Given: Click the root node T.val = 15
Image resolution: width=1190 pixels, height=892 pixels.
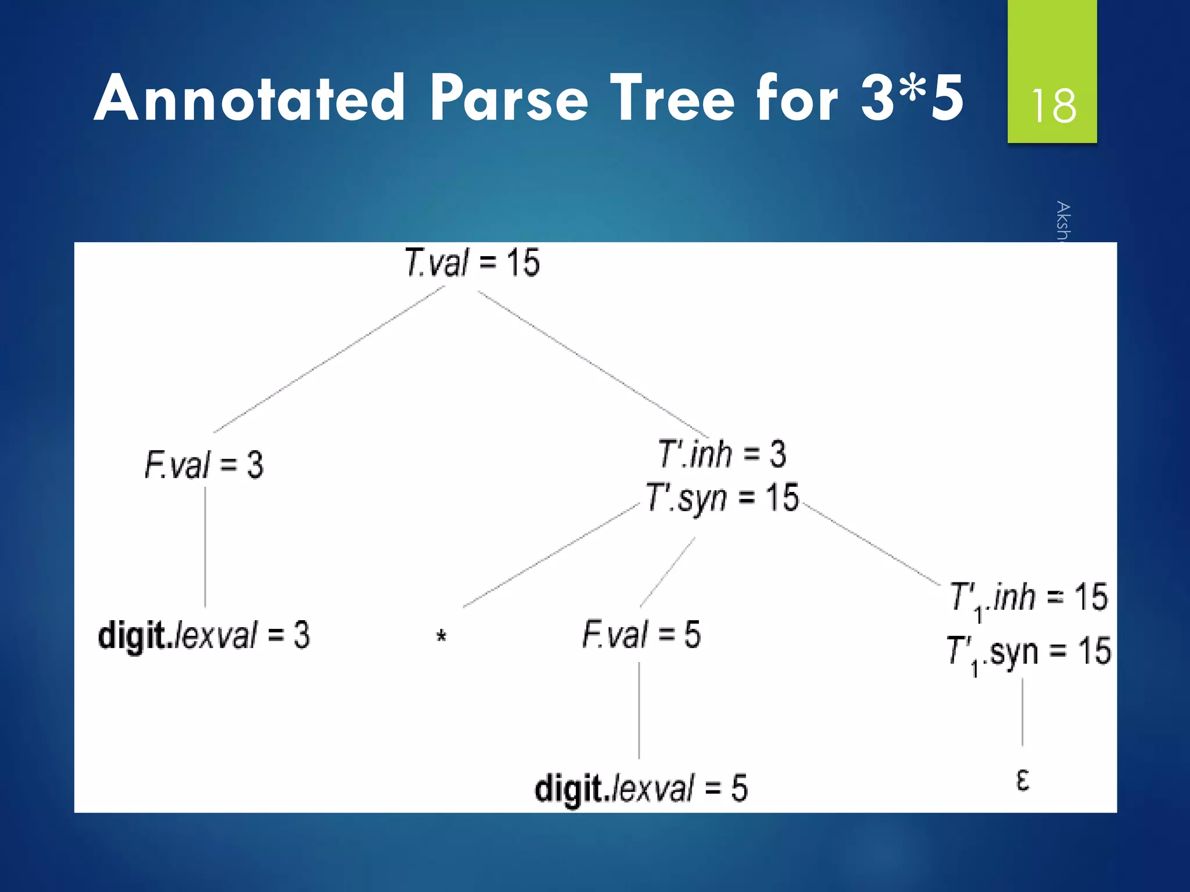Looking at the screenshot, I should pyautogui.click(x=472, y=262).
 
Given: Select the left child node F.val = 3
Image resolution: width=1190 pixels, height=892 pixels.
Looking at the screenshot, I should pyautogui.click(x=203, y=465).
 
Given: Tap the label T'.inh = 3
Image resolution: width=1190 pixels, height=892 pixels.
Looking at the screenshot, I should pyautogui.click(x=722, y=454).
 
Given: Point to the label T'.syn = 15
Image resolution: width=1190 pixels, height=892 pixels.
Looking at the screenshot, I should pyautogui.click(x=722, y=498).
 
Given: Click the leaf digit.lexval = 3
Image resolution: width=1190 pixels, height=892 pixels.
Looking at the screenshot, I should pyautogui.click(x=204, y=635).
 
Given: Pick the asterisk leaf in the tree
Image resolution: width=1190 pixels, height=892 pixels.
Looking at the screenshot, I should pyautogui.click(x=441, y=637).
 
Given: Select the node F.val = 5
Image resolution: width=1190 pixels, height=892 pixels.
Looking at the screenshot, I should pyautogui.click(x=641, y=634).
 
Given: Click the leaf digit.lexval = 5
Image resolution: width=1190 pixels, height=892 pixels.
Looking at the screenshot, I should pyautogui.click(x=641, y=789).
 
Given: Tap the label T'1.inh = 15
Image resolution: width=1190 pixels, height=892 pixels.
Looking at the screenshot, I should pyautogui.click(x=1028, y=599).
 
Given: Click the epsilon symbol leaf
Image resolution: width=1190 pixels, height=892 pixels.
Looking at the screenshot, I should pyautogui.click(x=1023, y=779).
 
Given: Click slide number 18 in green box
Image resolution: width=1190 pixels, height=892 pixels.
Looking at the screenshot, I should pyautogui.click(x=1053, y=106).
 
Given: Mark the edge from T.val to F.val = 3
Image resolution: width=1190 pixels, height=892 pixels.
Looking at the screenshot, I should pyautogui.click(x=328, y=360).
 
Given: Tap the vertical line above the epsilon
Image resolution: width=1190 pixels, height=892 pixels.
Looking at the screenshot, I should pyautogui.click(x=1023, y=711).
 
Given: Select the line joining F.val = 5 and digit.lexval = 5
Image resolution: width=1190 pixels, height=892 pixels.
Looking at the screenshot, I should pyautogui.click(x=639, y=710).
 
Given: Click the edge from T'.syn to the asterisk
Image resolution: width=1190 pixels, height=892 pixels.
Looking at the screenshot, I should pyautogui.click(x=551, y=556).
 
